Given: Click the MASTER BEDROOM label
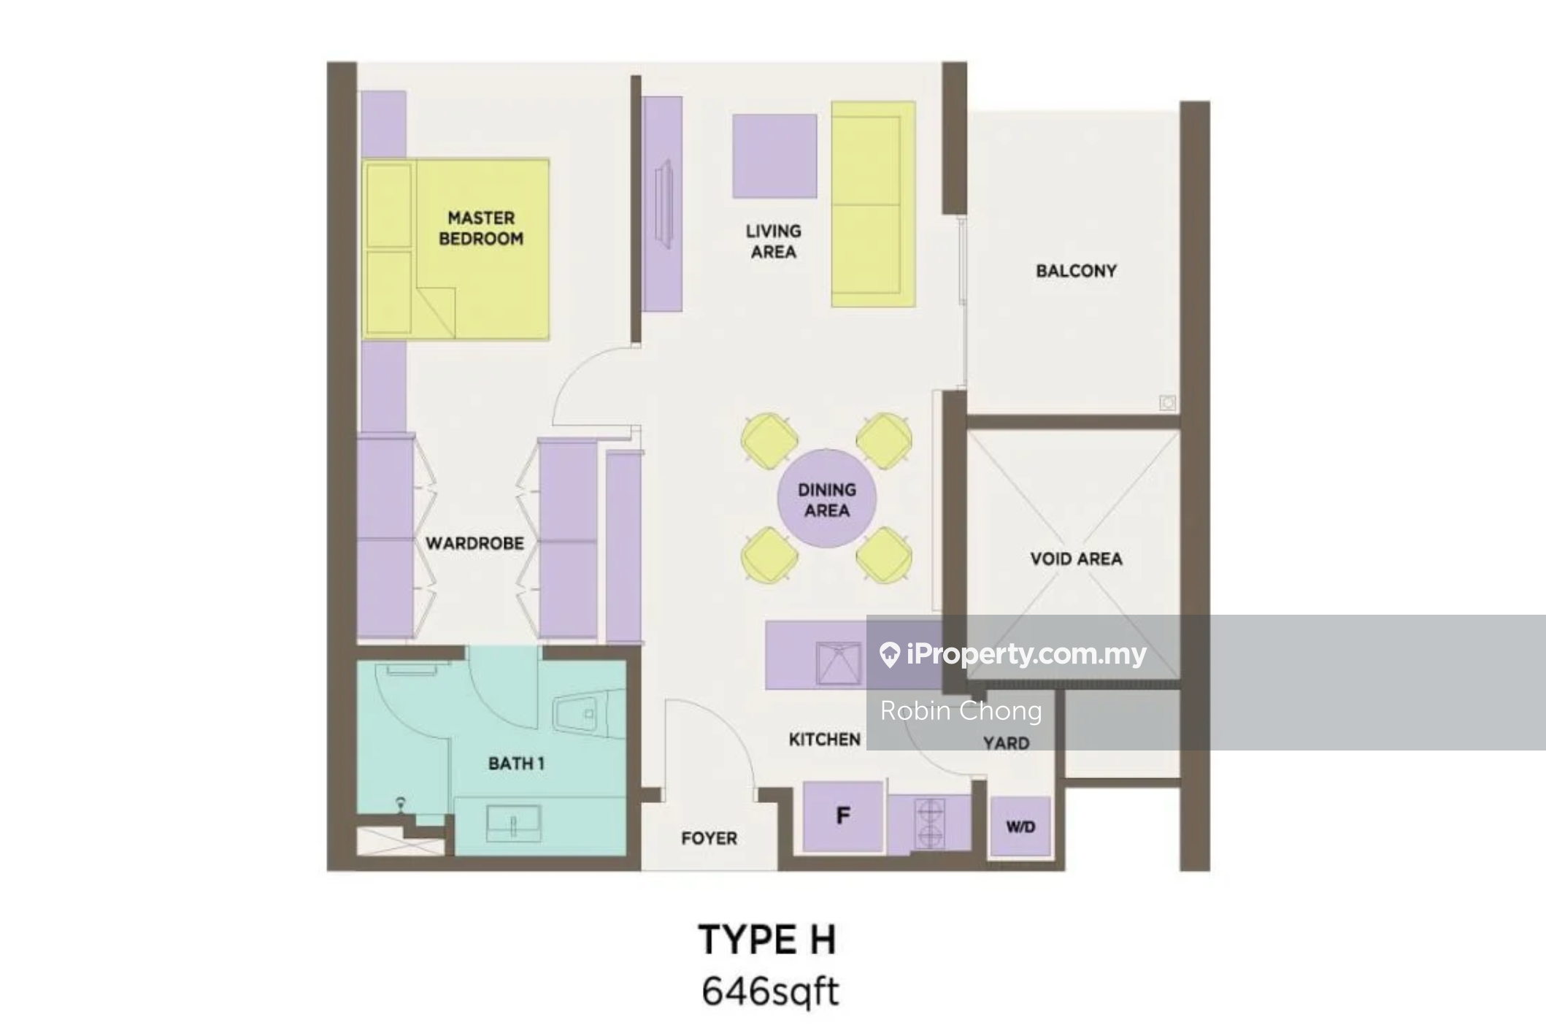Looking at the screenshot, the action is pos(481,228).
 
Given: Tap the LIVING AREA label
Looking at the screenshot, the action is pos(773,241).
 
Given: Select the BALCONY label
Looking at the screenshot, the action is pos(1076,271).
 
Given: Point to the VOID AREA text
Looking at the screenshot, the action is pos(1076,559).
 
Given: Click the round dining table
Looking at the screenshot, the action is pos(826,499).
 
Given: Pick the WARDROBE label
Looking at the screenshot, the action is pos(474,543).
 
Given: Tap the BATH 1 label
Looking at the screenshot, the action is pos(516,764).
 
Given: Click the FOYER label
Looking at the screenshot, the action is pos(709,838).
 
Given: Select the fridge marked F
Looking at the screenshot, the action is pos(843,816).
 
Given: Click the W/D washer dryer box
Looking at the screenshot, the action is pos(1020,826).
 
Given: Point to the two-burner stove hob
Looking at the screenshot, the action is pos(930,824).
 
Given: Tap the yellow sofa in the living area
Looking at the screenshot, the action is pos(873,204).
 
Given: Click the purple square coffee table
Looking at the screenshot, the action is pos(774,156).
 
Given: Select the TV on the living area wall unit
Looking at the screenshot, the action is pos(664,204).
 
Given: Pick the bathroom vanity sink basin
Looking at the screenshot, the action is pos(514,824).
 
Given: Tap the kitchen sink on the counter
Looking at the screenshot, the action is pos(837,663).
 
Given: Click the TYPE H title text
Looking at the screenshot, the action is pos(767,939).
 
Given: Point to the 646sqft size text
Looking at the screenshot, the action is pos(770,991).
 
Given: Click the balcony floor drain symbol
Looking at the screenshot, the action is pos(1167,402).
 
